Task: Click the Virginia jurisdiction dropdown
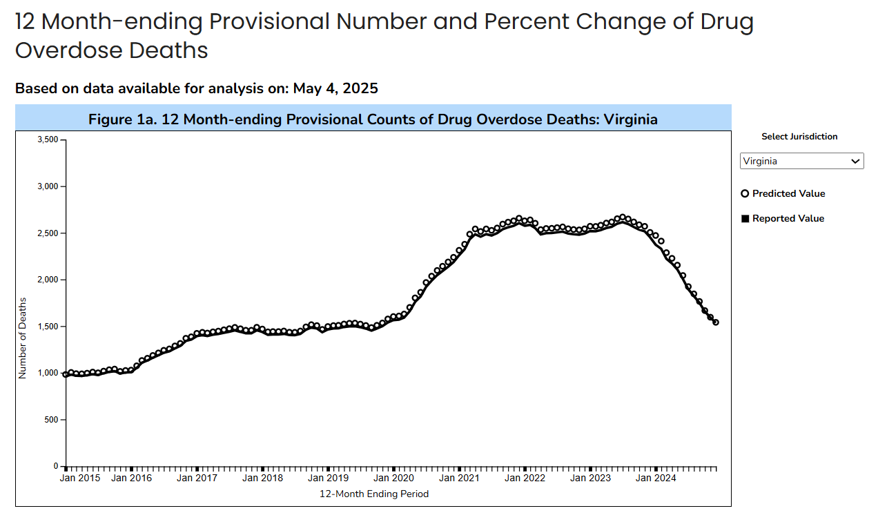point(801,161)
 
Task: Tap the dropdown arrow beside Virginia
point(855,161)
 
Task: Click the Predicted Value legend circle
point(745,193)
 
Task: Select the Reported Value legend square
point(745,218)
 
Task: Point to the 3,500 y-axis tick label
point(48,139)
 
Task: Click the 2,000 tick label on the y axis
point(48,280)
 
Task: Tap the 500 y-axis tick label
point(51,420)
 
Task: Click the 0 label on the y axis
point(56,466)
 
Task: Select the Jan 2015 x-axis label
point(80,478)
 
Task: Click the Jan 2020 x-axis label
point(393,478)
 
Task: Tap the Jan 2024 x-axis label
point(656,478)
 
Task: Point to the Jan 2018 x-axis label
point(262,478)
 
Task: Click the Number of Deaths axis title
point(22,338)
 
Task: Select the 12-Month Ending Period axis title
point(374,494)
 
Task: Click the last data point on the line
point(715,322)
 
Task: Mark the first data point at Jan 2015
point(66,374)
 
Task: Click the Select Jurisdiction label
point(799,137)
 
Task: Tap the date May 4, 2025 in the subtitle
point(335,88)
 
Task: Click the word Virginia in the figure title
point(630,119)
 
